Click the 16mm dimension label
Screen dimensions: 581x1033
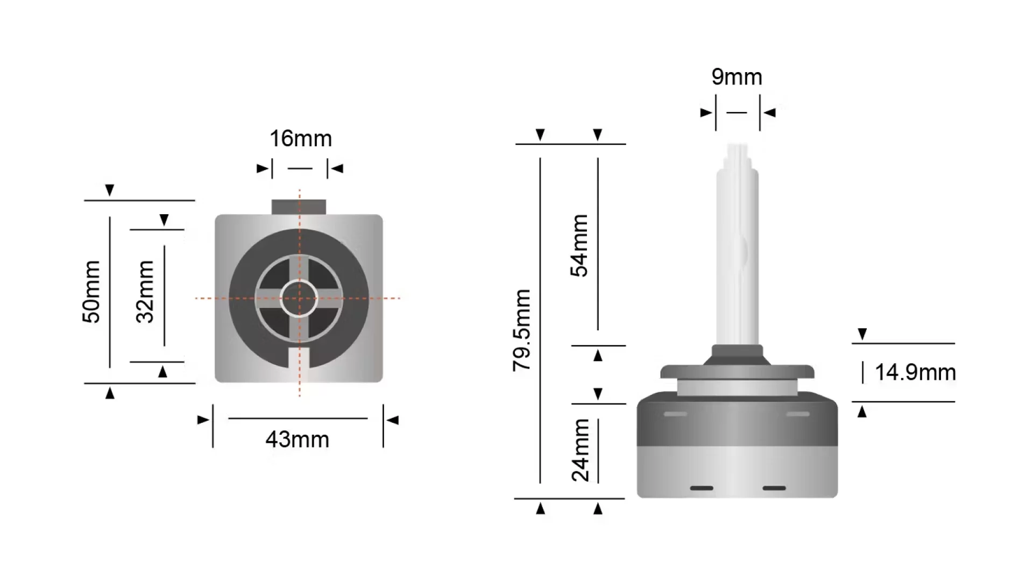coord(301,139)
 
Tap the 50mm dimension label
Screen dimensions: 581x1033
coord(91,292)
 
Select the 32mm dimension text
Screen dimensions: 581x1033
coord(145,292)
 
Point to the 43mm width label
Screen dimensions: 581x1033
coord(298,440)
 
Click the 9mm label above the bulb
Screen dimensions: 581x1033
coord(737,77)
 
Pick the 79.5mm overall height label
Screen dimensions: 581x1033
coord(522,330)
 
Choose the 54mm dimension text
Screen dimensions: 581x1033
coord(580,245)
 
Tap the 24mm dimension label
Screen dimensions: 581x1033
coord(581,450)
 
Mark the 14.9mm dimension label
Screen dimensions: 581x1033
coord(915,372)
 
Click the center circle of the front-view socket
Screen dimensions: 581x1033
coord(299,298)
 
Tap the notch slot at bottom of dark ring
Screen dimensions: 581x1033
coord(299,358)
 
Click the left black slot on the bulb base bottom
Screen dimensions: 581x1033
coord(702,488)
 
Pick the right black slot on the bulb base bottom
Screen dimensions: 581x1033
coord(774,488)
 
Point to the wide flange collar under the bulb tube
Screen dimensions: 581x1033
coord(737,372)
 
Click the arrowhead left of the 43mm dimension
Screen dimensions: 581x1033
coord(203,420)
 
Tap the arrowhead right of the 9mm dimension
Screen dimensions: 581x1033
coord(770,112)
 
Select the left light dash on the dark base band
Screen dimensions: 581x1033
coord(675,414)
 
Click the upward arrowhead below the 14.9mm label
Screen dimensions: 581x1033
coord(862,412)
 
